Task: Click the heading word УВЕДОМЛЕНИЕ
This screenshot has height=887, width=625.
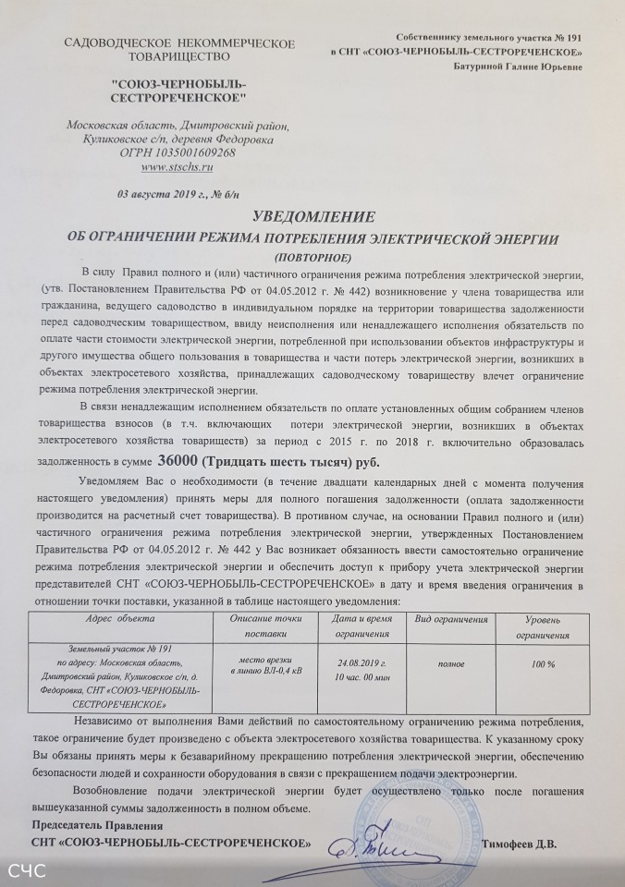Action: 314,218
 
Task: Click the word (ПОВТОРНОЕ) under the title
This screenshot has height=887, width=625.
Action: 313,254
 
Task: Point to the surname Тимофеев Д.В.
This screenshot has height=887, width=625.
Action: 521,844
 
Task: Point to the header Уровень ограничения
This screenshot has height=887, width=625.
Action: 542,625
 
